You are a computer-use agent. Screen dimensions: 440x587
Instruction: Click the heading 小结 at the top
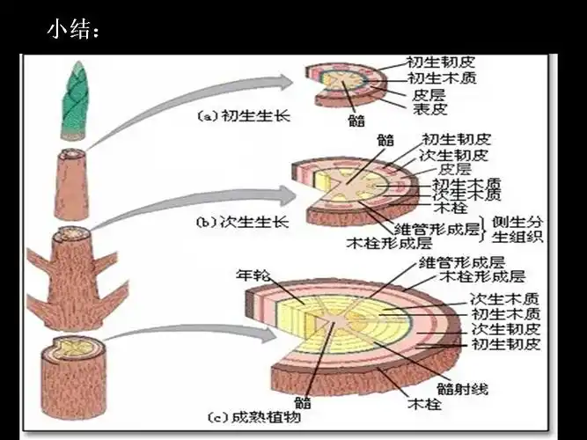pos(72,31)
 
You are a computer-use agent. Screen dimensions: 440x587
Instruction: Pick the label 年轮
pos(252,274)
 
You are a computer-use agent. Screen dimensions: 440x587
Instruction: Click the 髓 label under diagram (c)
pos(304,403)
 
